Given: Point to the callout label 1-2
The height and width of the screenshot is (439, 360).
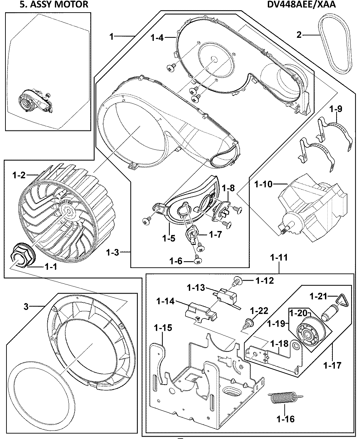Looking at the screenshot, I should pos(19,175).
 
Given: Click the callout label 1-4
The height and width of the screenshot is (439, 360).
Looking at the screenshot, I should pos(157,37).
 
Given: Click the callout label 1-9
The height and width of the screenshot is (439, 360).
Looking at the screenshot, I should pos(336,109).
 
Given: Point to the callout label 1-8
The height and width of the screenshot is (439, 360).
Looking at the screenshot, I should pos(228,187).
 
